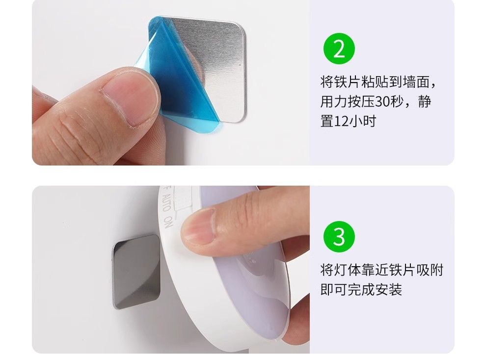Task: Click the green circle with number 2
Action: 339,48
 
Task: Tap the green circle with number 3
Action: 339,237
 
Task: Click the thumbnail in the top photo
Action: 130,99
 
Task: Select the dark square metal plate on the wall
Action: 136,272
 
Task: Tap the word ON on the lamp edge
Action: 168,222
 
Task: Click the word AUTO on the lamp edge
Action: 166,203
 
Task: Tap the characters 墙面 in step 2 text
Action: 416,82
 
